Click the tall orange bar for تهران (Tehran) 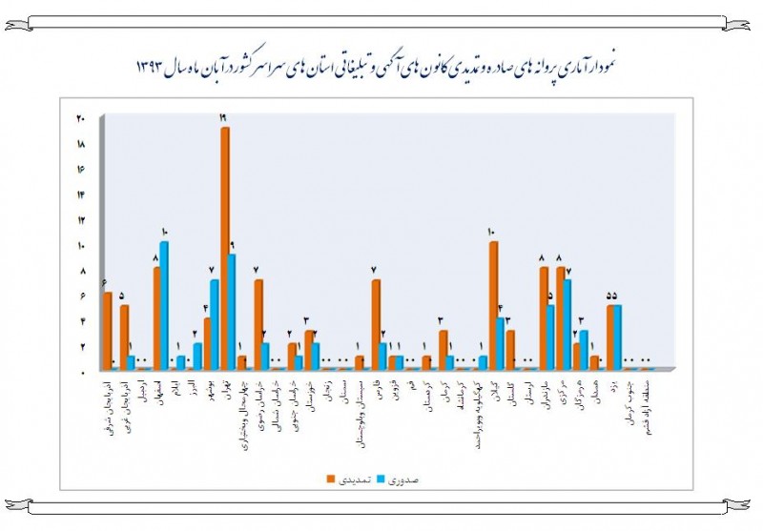point(225,248)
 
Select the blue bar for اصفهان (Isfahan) point(164,305)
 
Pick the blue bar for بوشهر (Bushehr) point(215,324)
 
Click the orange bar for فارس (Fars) point(376,324)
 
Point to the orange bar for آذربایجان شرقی point(108,330)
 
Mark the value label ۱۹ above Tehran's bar point(222,118)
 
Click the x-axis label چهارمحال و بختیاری point(242,408)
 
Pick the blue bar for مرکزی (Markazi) point(567,324)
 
